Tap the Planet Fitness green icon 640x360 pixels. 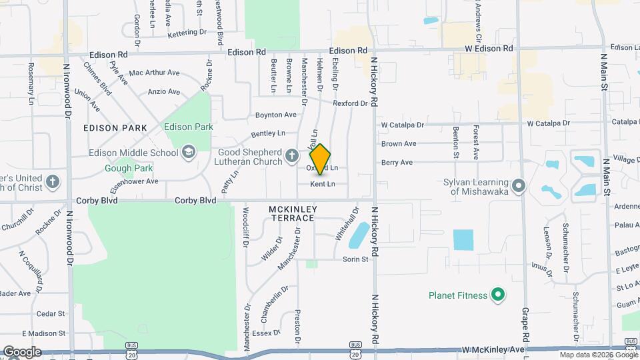point(497,294)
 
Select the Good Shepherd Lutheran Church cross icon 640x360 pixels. point(291,157)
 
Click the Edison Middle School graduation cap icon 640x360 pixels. point(189,153)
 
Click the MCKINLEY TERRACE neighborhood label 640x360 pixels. point(291,213)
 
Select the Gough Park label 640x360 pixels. point(129,168)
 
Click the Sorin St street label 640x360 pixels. point(355,259)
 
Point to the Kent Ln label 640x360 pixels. point(323,184)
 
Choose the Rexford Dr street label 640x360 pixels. point(351,103)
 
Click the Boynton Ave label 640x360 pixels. point(275,115)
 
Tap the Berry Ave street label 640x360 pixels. point(397,162)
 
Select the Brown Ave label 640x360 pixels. point(399,143)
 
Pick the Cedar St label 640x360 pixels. point(51,313)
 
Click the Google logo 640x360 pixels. point(21,351)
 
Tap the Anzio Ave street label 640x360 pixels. point(164,92)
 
